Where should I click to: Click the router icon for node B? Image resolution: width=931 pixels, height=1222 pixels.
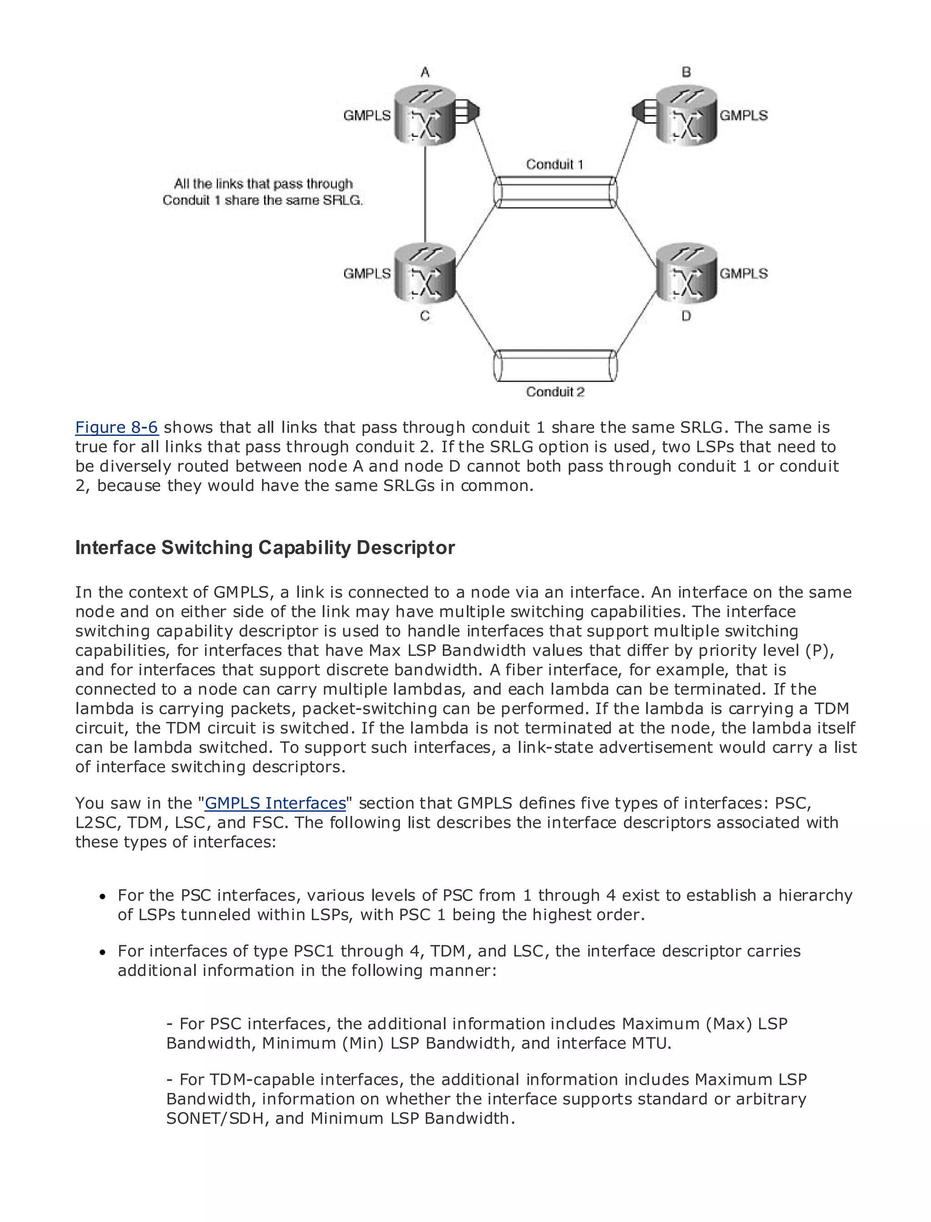pos(686,115)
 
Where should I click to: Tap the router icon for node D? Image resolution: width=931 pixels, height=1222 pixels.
pos(686,273)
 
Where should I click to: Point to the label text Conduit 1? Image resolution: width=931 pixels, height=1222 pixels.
pos(554,164)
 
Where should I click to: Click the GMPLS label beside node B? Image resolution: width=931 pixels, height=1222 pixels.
pos(744,115)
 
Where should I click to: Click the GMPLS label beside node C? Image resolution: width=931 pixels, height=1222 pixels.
pos(367,273)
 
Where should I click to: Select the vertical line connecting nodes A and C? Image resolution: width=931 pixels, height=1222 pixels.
pos(425,194)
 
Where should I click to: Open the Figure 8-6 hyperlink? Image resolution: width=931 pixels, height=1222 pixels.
pos(116,427)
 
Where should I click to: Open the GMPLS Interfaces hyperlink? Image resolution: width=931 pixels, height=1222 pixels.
pos(275,803)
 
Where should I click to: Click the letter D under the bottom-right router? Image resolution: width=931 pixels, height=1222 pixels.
pos(686,316)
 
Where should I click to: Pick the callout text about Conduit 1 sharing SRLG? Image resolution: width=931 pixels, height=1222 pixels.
pos(263,192)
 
